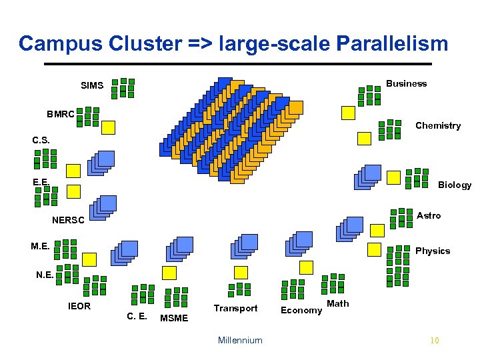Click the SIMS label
92,85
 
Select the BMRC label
61,114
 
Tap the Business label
406,83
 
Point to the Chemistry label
438,125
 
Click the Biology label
455,185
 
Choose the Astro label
428,215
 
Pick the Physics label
433,251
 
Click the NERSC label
68,220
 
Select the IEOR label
79,306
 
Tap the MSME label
175,318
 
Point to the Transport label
235,308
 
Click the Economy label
301,310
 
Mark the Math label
338,303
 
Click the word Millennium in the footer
240,340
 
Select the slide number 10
435,341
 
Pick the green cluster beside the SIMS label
123,88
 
